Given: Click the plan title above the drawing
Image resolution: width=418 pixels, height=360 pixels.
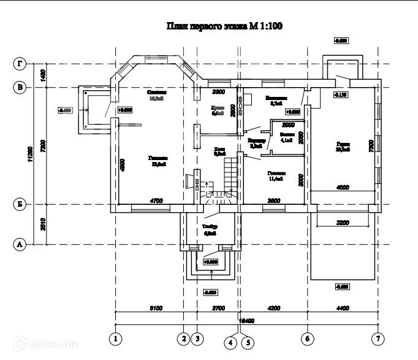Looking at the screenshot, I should (x=224, y=26).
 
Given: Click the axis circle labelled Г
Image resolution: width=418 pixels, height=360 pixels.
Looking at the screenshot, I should (x=20, y=63).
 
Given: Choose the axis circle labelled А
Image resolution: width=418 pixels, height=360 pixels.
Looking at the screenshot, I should (x=20, y=244).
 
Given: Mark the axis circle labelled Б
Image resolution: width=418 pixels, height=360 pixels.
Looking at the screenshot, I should (x=20, y=204).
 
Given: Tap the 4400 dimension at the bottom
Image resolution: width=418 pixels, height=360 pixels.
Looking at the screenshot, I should (x=343, y=308).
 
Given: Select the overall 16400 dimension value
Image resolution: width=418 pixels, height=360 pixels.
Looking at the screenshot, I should (x=246, y=321).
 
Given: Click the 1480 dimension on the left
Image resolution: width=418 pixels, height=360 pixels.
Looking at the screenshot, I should (x=43, y=75).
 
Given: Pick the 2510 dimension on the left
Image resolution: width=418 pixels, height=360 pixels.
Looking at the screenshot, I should (x=43, y=224).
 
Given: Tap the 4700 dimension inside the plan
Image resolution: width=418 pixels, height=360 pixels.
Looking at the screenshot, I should (x=156, y=201).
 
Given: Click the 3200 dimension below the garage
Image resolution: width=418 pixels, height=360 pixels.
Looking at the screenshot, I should (x=343, y=223).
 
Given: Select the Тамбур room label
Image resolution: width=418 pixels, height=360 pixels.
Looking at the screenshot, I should (x=210, y=228).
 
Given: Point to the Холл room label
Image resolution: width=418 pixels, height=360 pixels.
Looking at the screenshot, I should (x=219, y=151).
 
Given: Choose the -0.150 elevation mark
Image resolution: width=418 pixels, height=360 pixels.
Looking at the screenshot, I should (x=341, y=95).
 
